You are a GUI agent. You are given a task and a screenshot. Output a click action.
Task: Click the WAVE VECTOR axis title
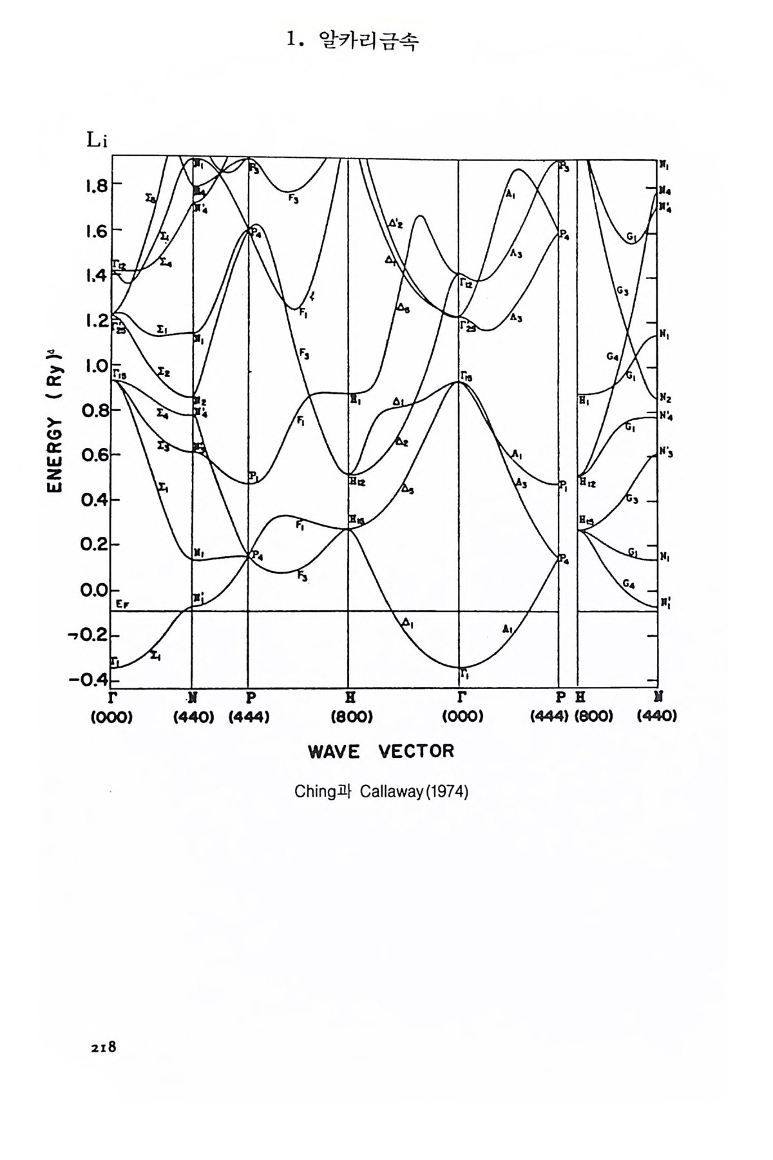point(381,751)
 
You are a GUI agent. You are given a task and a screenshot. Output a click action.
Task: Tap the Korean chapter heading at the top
point(353,41)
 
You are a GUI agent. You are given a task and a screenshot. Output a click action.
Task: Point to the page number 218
point(103,1047)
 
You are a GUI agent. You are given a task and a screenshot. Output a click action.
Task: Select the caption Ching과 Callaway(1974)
point(381,791)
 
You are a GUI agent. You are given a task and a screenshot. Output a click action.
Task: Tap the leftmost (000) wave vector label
point(111,717)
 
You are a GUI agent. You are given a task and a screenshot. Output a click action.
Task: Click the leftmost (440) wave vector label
point(193,717)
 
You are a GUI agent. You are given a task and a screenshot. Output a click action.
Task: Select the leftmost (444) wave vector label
point(249,717)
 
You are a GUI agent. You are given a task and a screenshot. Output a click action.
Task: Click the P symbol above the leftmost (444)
point(249,697)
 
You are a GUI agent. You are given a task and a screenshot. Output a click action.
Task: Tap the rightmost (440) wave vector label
point(657,717)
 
